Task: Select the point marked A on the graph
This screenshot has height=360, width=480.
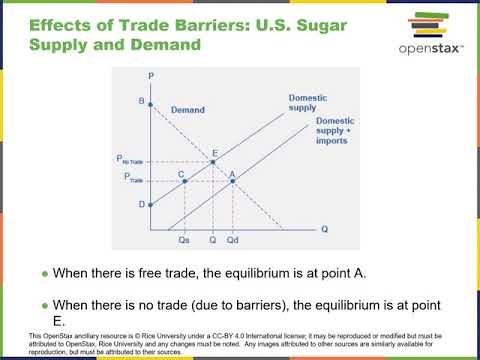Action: pyautogui.click(x=232, y=181)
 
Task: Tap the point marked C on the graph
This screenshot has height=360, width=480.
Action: pyautogui.click(x=185, y=181)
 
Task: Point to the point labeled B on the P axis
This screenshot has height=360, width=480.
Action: pyautogui.click(x=150, y=103)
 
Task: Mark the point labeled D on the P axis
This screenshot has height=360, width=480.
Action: pyautogui.click(x=150, y=205)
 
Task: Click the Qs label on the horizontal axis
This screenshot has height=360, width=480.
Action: pyautogui.click(x=183, y=240)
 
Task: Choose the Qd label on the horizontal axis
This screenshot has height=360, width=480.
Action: pyautogui.click(x=232, y=240)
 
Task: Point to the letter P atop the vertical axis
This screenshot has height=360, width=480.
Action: pyautogui.click(x=150, y=76)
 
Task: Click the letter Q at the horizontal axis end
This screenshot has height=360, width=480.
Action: pyautogui.click(x=324, y=229)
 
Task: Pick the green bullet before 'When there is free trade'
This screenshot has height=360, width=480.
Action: pyautogui.click(x=45, y=273)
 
